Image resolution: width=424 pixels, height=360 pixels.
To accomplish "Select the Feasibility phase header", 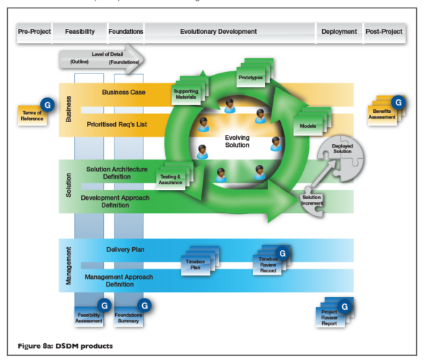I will tap(80, 32).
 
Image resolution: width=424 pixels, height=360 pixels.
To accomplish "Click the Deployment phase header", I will tap(339, 32).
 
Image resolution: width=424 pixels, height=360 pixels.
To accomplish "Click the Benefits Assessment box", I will tap(384, 114).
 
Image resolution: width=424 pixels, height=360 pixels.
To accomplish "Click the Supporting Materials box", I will tap(187, 94).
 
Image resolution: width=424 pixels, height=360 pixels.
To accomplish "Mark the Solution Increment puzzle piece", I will tap(311, 200).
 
